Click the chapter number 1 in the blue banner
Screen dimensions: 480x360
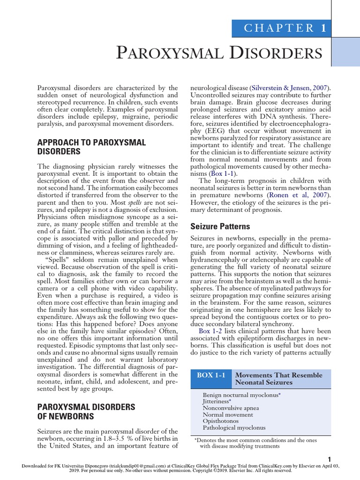(323, 28)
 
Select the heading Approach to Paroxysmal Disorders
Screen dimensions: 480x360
(91, 147)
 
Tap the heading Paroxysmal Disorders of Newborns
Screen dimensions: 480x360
(86, 411)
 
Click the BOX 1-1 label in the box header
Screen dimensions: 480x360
(211, 375)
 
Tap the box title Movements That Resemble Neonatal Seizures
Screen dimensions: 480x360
(278, 379)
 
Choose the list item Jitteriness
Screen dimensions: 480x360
(217, 402)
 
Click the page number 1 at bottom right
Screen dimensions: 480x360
(330, 459)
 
